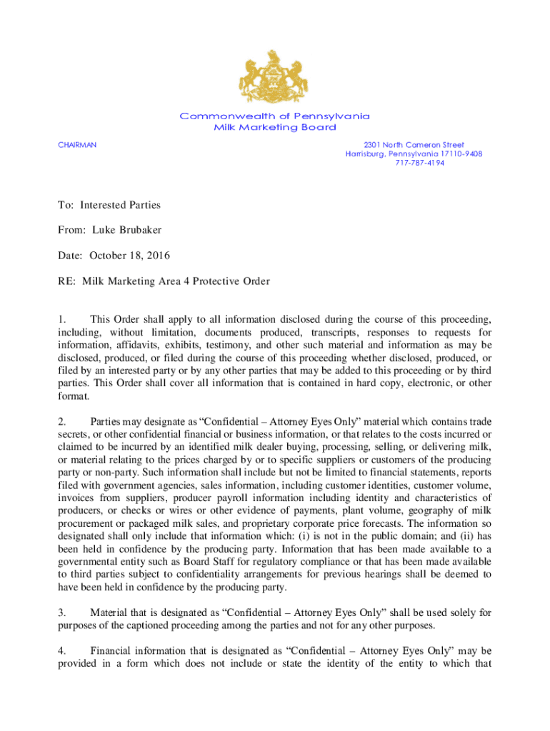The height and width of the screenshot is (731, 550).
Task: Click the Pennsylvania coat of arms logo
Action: coord(275,78)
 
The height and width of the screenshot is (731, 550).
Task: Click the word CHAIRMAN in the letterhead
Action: coord(77,145)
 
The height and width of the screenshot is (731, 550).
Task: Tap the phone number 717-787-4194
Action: coord(414,163)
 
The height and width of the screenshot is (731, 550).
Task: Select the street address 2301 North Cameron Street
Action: coord(414,145)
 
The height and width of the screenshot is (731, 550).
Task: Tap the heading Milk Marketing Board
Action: coord(275,127)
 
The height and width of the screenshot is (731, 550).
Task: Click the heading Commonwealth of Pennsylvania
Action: coord(275,116)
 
